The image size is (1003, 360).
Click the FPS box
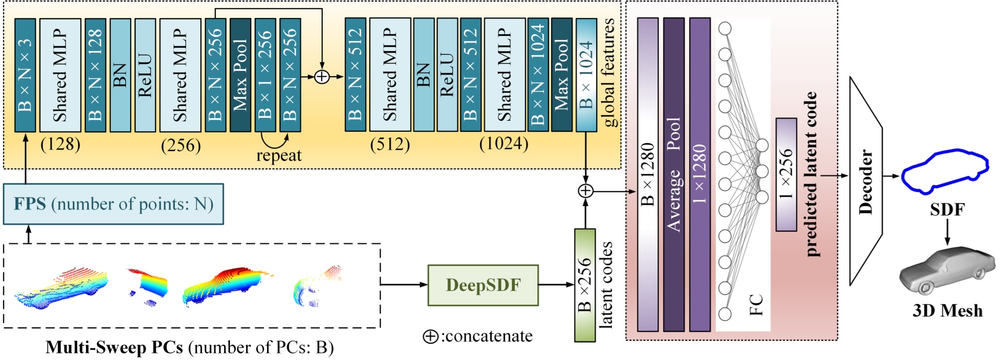113,204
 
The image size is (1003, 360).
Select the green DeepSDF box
483,285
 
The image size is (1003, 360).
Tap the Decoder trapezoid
865,181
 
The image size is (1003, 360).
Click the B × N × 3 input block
25,75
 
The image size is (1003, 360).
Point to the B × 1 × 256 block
265,75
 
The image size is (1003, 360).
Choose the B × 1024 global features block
586,75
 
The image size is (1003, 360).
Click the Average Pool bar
674,174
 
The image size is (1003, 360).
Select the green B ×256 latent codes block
585,285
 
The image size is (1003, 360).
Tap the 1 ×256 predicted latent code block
786,174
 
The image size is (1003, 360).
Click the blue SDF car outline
944,171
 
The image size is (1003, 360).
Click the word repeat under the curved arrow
279,156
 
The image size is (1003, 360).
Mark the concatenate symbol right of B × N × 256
322,76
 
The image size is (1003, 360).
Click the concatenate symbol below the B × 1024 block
586,190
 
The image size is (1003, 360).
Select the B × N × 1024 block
538,75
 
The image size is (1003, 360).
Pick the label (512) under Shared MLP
389,144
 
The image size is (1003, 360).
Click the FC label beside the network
756,305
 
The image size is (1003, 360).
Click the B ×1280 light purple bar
648,174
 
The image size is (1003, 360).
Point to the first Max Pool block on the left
240,75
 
